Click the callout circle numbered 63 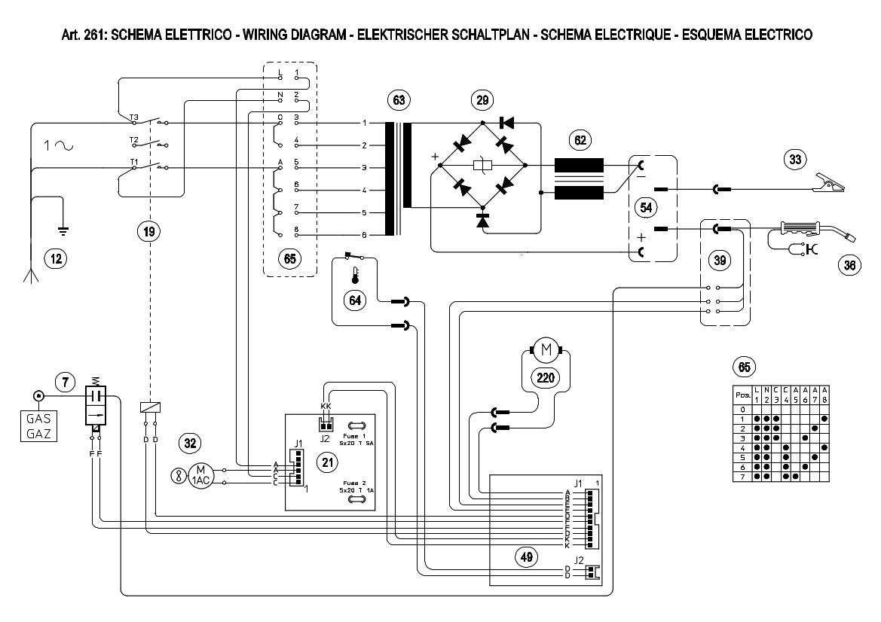[x=398, y=99]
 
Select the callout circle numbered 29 [x=482, y=99]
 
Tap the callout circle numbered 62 [x=580, y=139]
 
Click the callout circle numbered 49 [x=526, y=557]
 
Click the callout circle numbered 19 [x=150, y=232]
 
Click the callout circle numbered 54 [x=645, y=206]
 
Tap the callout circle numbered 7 [x=66, y=383]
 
